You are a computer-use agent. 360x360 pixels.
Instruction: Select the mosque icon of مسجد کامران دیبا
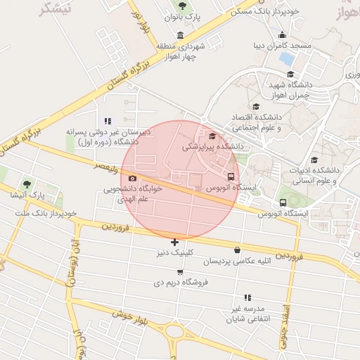tap(283, 36)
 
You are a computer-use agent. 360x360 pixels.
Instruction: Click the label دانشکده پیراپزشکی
tap(212, 147)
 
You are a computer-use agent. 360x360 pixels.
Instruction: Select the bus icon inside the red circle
tap(232, 176)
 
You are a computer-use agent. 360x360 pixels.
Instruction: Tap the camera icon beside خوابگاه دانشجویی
tap(132, 179)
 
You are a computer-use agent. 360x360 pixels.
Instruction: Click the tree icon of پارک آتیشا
tap(27, 184)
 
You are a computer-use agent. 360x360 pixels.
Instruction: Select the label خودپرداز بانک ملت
tap(46, 212)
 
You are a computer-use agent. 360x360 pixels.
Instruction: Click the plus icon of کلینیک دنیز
tap(174, 242)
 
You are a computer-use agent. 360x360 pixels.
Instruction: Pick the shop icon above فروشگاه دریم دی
tap(180, 271)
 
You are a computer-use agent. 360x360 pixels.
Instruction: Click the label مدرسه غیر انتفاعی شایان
tap(244, 314)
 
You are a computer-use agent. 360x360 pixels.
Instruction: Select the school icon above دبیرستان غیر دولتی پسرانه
tap(108, 121)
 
